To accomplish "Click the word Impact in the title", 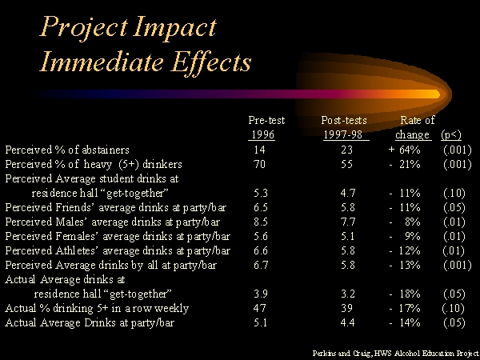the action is point(175,27).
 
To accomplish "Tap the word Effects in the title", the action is point(211,62).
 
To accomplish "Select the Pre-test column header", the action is point(266,120).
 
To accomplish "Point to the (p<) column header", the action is point(451,134).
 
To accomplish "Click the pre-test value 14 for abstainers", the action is point(259,150).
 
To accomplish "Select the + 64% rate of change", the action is point(404,150).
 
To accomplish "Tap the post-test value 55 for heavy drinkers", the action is point(346,164).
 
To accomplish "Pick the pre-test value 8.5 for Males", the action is point(261,222).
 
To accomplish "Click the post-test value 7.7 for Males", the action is point(348,222).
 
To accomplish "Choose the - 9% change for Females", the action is point(405,236).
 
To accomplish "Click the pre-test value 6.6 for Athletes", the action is point(261,250).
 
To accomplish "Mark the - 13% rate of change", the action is point(405,265).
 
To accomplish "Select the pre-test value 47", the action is point(259,308).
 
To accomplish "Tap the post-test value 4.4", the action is point(348,322).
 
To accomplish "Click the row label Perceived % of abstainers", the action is point(67,150).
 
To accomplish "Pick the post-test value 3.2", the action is point(348,294).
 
